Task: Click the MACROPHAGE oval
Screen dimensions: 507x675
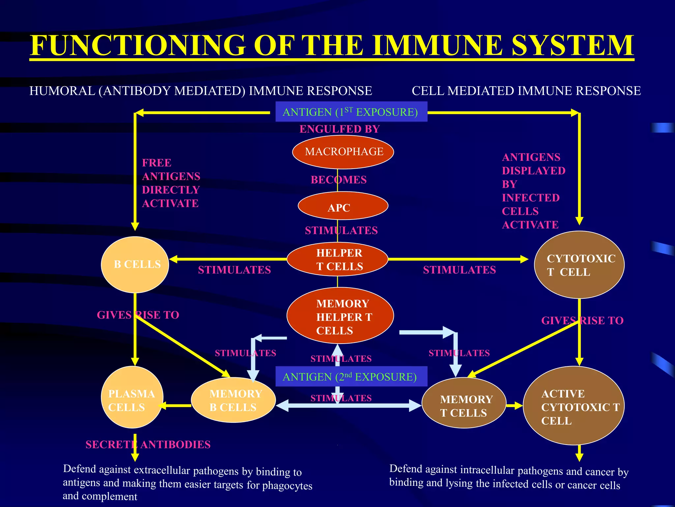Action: (343, 152)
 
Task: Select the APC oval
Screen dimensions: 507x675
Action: (343, 206)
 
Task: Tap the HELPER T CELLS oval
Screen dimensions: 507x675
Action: (337, 259)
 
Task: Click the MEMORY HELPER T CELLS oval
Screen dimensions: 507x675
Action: (340, 316)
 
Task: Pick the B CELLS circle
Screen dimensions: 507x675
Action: (135, 265)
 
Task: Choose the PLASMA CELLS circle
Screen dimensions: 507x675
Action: (132, 397)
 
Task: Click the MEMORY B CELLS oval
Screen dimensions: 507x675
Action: (233, 400)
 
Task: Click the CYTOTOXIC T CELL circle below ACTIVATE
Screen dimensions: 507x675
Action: (579, 265)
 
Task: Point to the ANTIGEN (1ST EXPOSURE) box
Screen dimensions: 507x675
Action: (351, 112)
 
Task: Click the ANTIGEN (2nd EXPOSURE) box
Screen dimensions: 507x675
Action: (351, 376)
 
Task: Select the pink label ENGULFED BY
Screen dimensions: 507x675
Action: (339, 129)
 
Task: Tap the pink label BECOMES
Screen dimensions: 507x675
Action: (338, 180)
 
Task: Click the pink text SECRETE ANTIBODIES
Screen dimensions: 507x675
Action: (148, 445)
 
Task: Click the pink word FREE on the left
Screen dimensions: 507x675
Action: (157, 163)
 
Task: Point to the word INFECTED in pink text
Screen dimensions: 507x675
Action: (531, 198)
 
